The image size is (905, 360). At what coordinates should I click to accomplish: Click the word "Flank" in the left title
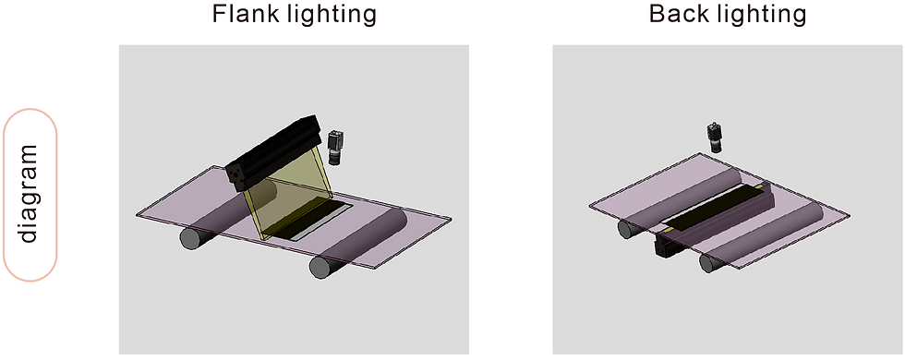click(247, 14)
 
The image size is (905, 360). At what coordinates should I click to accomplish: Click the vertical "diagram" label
click(29, 194)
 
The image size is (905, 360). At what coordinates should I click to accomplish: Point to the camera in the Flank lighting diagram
click(334, 148)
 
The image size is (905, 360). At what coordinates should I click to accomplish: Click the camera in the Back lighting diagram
click(715, 138)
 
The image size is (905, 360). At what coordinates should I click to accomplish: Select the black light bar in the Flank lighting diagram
click(274, 150)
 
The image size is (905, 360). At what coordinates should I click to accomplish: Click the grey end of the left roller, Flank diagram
click(189, 238)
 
